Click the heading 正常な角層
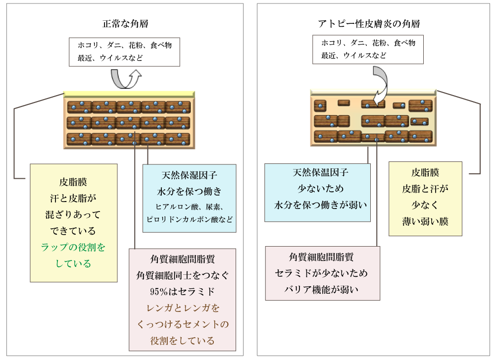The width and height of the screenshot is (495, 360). [125, 24]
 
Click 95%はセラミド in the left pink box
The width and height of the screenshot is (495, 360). [182, 291]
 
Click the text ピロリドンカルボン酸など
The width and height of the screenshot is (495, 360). [189, 219]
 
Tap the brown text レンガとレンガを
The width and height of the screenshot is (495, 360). [182, 308]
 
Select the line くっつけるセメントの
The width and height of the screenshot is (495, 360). [182, 324]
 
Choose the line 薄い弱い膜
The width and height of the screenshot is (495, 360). [425, 221]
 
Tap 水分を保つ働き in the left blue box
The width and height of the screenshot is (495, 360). [189, 191]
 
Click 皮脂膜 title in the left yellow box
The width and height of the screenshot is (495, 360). [73, 182]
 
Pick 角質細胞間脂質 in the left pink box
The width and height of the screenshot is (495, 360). [182, 258]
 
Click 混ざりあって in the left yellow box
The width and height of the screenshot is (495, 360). [73, 214]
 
